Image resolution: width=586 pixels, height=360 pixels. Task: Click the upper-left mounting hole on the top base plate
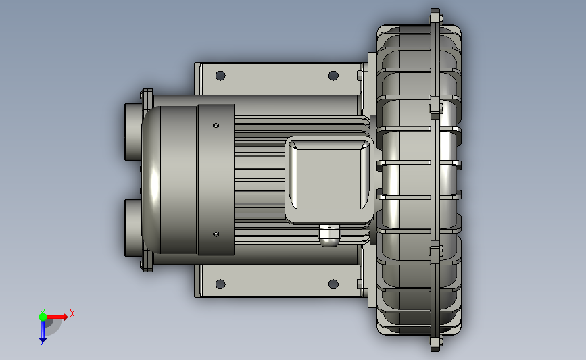pyautogui.click(x=220, y=76)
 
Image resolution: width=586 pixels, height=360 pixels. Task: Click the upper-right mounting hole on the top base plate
pyautogui.click(x=333, y=76)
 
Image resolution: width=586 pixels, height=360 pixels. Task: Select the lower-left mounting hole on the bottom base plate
pyautogui.click(x=220, y=284)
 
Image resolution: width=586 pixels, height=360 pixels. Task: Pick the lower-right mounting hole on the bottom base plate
pyautogui.click(x=333, y=284)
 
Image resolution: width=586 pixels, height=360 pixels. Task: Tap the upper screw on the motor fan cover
pyautogui.click(x=216, y=126)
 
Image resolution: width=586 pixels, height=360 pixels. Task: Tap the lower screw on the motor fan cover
pyautogui.click(x=216, y=234)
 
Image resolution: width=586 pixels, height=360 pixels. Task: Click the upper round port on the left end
pyautogui.click(x=133, y=132)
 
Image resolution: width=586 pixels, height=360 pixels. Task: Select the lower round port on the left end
pyautogui.click(x=133, y=228)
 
